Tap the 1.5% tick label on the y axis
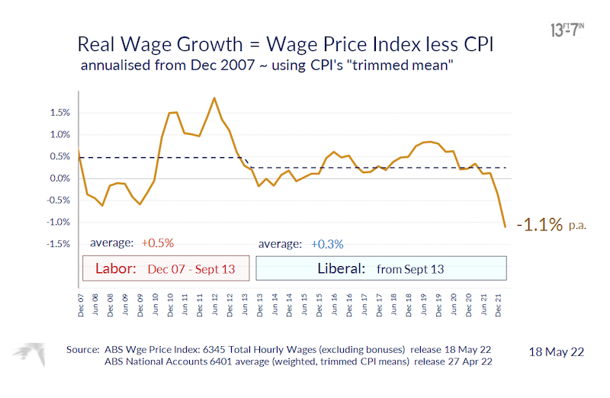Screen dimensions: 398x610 pos(59,113)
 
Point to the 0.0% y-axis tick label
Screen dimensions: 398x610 pos(59,178)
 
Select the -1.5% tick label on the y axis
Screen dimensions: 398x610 pos(58,244)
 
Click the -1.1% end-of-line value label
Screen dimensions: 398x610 pos(539,225)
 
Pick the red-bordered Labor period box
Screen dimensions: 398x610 pos(165,269)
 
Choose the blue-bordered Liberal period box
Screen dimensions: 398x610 pos(381,269)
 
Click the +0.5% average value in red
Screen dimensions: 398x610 pos(158,243)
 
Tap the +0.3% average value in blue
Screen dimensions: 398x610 pos(326,244)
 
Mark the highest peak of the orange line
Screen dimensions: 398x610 pos(214,98)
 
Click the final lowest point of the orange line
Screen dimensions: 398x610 pos(505,226)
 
